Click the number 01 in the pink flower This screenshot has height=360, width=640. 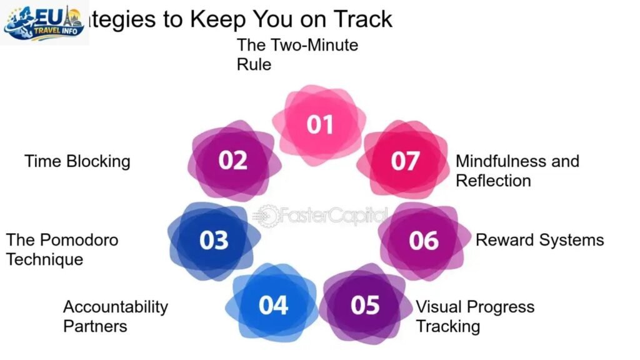coord(319,125)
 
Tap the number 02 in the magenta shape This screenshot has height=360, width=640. coord(233,161)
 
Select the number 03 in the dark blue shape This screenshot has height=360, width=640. coord(214,240)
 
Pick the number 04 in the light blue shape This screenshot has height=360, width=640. coord(273,305)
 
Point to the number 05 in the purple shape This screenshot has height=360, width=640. coord(365,305)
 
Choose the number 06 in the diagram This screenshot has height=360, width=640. coord(424,240)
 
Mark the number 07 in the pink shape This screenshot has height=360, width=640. coord(405,161)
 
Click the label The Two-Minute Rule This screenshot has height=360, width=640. coord(297,54)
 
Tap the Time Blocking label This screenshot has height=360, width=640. coord(77,161)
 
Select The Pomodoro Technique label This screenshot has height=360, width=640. coord(62,249)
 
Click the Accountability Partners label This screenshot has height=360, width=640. coord(116,316)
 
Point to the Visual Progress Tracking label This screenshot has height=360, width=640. coord(475,316)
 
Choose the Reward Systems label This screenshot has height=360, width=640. coord(539,240)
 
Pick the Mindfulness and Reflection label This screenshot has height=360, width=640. coord(517,171)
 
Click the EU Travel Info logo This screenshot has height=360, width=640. coord(44,22)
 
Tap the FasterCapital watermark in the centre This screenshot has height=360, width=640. coord(320,216)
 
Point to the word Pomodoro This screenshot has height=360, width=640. coord(78,239)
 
